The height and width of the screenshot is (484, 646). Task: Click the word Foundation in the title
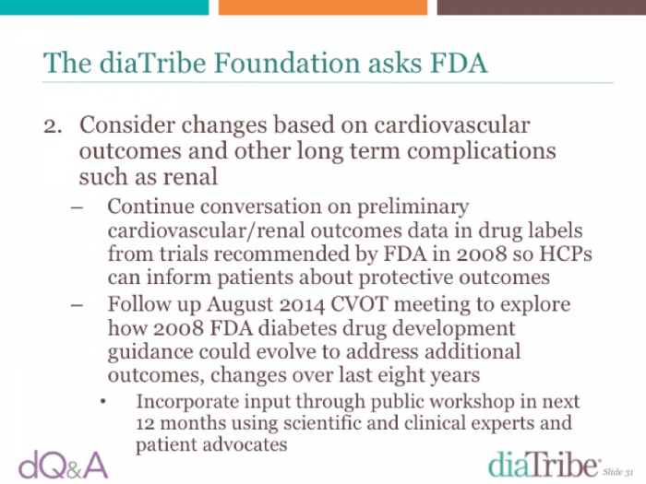(287, 63)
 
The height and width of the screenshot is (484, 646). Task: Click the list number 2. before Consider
(53, 126)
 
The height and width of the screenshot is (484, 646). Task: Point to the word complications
(481, 152)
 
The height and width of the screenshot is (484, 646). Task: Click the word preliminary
(413, 207)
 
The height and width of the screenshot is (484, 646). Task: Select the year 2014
(302, 304)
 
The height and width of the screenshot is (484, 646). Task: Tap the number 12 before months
(146, 423)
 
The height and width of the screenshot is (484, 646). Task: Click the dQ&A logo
(63, 466)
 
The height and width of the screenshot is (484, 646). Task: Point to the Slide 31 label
(618, 472)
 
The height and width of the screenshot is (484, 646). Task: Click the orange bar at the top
(323, 7)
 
